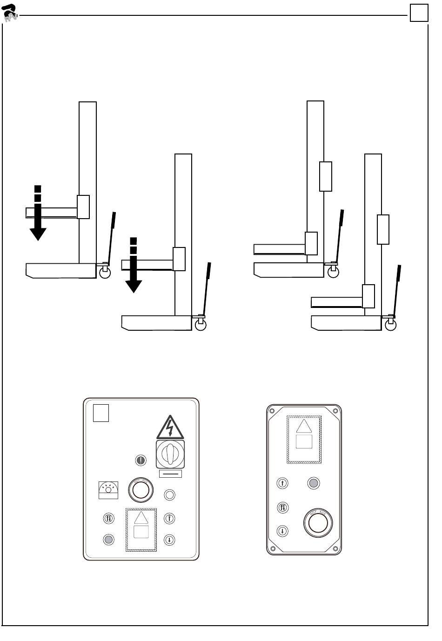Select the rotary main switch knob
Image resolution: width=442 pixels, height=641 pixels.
[170, 454]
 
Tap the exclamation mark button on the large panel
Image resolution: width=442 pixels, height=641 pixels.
[141, 461]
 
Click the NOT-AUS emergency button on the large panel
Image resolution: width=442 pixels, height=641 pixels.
[141, 490]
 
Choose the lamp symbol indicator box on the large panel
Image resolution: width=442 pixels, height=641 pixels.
[108, 490]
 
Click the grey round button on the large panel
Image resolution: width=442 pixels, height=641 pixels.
[108, 540]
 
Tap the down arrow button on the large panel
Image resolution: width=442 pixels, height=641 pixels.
[170, 540]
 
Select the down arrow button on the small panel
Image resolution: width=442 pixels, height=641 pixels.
[282, 531]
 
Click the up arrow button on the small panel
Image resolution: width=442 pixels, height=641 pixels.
[282, 483]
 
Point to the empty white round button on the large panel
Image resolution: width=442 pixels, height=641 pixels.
[170, 495]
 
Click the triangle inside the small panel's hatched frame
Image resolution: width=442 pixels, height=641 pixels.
[303, 427]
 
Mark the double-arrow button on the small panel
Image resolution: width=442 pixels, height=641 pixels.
[282, 507]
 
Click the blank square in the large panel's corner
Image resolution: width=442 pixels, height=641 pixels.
[101, 413]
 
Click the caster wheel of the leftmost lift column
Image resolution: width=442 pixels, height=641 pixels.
[105, 273]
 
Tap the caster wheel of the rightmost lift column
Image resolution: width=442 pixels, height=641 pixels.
[391, 325]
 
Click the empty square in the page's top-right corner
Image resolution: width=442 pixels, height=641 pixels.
[419, 13]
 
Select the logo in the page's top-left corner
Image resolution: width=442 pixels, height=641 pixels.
[10, 13]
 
